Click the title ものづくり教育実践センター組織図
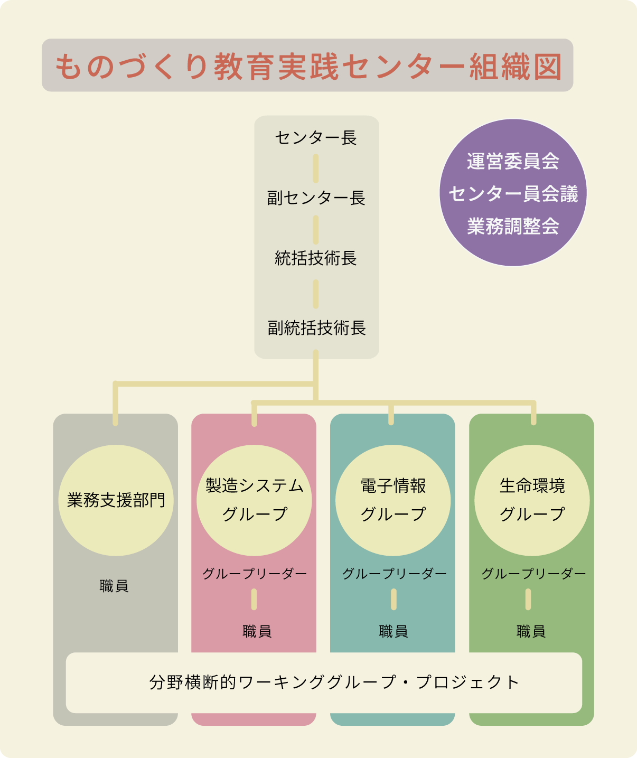(307, 66)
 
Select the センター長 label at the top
(316, 138)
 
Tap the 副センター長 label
(316, 198)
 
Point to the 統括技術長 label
(316, 258)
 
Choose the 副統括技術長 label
(316, 328)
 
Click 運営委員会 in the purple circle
(513, 161)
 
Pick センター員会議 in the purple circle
(513, 194)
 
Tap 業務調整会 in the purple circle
(513, 227)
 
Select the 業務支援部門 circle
(116, 500)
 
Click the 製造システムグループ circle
(254, 500)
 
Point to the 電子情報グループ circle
(393, 500)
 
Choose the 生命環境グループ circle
(532, 500)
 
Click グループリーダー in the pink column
(255, 574)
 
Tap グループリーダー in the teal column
(394, 574)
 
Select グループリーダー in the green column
(533, 574)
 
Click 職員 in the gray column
(114, 586)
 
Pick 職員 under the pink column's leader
(257, 631)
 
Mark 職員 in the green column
(531, 631)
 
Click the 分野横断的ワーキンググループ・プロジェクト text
(334, 682)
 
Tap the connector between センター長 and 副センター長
(316, 168)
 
